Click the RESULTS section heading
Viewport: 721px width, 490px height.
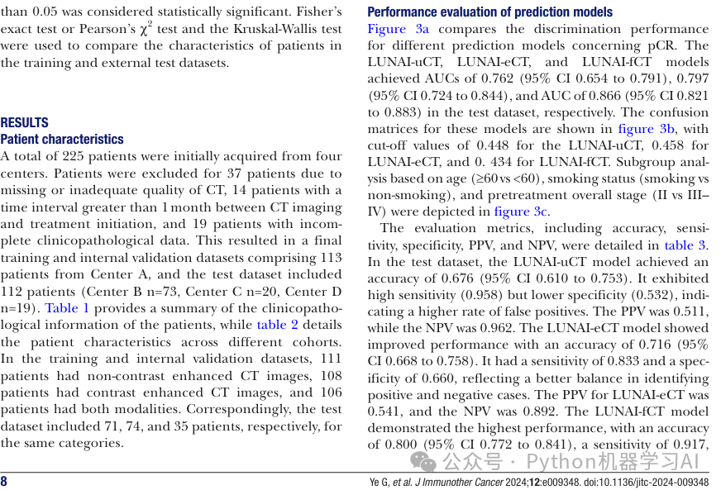[25, 122]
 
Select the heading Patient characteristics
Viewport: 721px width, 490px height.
[62, 140]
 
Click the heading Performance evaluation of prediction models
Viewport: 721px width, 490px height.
[490, 12]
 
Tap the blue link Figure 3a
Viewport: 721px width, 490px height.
[399, 29]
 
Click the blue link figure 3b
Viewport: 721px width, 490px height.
[647, 129]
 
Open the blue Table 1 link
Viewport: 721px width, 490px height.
[67, 308]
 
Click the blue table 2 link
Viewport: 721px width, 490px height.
[278, 325]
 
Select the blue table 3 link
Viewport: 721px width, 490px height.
[685, 245]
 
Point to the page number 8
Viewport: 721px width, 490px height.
[4, 482]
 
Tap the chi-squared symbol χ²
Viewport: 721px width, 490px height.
[146, 28]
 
